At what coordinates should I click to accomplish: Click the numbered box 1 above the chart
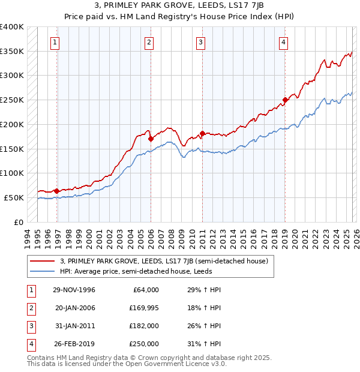point(55,42)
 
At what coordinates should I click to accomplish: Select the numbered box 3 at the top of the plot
point(200,42)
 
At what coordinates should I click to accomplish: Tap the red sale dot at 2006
point(151,139)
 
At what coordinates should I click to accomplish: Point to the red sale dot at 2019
point(285,100)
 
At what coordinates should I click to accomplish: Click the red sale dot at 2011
point(202,133)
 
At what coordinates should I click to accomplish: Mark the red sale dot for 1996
point(57,191)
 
